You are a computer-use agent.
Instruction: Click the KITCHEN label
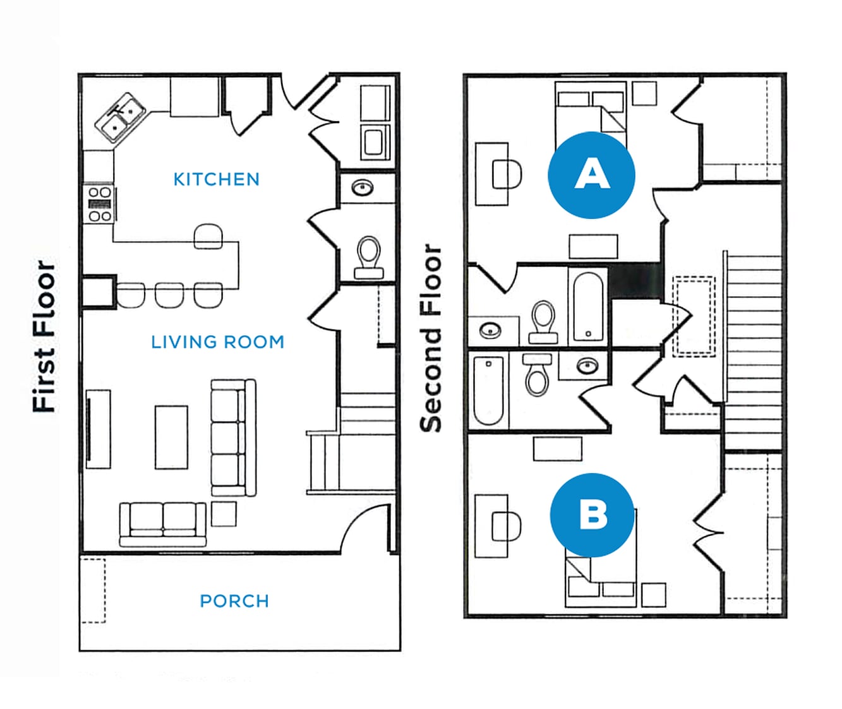coord(216,179)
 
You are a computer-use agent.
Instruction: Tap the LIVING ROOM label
coord(217,342)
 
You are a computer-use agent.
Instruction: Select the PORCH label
coord(234,601)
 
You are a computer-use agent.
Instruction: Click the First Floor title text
coord(44,337)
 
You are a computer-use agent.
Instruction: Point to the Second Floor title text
coord(431,338)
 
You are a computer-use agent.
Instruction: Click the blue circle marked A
coord(591,175)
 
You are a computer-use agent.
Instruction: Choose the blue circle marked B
coord(592,515)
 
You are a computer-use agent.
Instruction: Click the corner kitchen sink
coord(121,118)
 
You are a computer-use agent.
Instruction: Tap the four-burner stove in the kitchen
coord(99,204)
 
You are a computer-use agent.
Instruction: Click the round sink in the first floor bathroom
coord(363,188)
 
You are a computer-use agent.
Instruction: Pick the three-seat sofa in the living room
coord(233,438)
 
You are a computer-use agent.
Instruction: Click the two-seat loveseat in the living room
coord(163,523)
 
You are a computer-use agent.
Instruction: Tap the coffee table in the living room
coord(171,438)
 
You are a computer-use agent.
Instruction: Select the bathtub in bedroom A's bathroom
coord(588,306)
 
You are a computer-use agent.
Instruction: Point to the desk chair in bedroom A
coord(507,174)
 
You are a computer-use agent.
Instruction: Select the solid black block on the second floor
coord(635,281)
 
